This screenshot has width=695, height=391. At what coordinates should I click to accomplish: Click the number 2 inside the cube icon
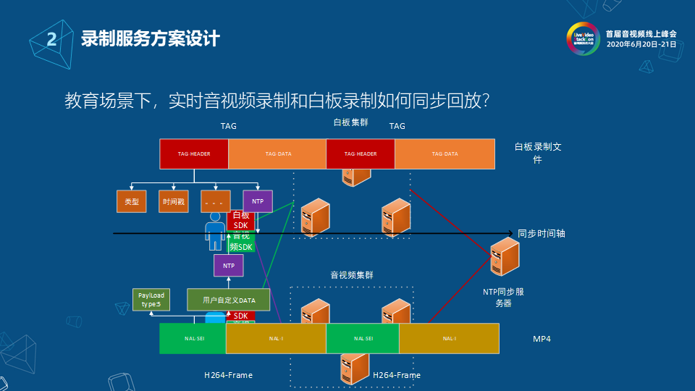(51, 39)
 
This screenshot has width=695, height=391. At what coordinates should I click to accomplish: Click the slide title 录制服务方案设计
(150, 38)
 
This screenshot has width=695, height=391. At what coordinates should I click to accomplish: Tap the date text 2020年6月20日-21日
(641, 44)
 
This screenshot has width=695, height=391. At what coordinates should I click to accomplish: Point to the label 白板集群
(350, 122)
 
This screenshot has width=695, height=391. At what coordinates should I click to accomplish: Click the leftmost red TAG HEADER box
(194, 154)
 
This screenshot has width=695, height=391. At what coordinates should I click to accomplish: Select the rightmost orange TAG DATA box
(445, 154)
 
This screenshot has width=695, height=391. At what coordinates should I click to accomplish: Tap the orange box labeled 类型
(132, 201)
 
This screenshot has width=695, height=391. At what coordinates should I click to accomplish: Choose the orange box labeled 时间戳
(173, 201)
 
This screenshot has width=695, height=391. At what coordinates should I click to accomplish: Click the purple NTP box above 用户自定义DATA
(229, 266)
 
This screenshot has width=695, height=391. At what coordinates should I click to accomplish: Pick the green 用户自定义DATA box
(229, 299)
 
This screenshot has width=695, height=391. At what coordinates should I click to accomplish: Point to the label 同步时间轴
(542, 234)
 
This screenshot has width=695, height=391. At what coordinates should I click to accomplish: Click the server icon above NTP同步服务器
(505, 257)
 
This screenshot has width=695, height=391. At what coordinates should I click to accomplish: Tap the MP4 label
(542, 339)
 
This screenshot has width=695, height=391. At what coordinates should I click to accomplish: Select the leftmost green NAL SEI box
(193, 339)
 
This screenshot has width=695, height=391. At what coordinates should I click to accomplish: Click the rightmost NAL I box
(449, 339)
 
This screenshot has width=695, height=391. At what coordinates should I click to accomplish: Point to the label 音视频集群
(352, 275)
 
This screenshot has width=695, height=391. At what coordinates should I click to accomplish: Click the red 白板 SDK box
(241, 219)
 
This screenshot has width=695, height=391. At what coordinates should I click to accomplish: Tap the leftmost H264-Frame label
(228, 375)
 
